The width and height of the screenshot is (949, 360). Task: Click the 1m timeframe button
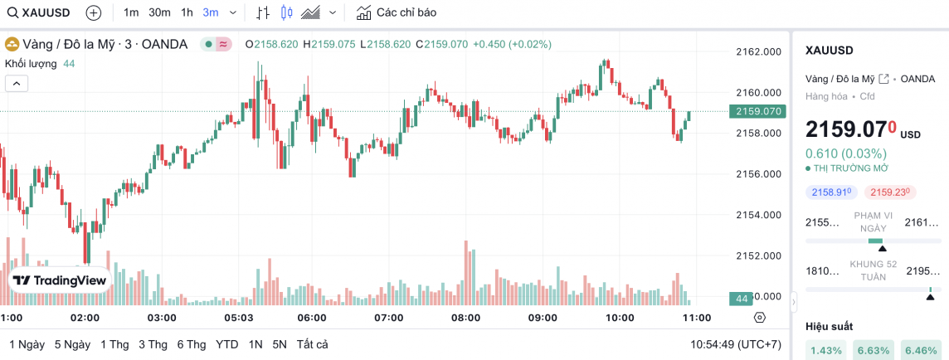click(131, 12)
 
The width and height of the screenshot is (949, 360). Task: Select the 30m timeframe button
click(159, 12)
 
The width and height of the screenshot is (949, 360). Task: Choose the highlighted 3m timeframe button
click(211, 12)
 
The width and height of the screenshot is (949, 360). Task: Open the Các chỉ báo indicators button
click(397, 12)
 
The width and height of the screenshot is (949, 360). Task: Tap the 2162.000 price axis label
click(758, 51)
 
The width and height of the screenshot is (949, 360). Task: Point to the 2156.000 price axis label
click(758, 174)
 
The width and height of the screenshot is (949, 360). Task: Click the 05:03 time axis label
click(238, 318)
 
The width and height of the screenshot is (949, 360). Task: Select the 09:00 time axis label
click(543, 318)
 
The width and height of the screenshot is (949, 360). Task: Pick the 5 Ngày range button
click(72, 344)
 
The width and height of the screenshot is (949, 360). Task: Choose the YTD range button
click(226, 344)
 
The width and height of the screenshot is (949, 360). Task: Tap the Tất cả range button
click(312, 344)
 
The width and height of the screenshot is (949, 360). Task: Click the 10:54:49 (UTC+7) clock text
click(736, 344)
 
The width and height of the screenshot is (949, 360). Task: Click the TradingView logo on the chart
click(60, 281)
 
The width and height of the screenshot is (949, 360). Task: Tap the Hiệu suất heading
click(829, 326)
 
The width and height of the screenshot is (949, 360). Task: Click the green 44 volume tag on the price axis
click(741, 298)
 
